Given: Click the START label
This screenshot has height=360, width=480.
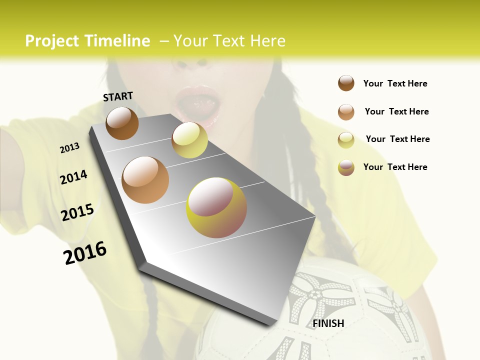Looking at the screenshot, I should coord(118,96).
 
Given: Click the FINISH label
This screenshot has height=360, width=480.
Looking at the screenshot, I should coord(328,323).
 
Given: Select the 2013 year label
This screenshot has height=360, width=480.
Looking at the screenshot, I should coord(69,148).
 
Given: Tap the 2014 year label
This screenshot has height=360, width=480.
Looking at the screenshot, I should coord(73,177).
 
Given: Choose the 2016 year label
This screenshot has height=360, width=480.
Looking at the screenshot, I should coord(85,253).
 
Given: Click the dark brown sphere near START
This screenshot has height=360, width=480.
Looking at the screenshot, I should coord(122,123).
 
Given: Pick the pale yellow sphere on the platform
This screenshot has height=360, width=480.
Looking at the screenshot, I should coord(189,140).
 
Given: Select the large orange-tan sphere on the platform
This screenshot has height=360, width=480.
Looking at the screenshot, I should coord(145,180).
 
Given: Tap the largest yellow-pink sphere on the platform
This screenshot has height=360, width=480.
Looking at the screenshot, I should coord(216,207).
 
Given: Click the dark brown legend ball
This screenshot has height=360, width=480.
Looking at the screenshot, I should coord(346,83).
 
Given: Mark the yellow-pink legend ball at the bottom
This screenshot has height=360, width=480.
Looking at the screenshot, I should coord(346,167).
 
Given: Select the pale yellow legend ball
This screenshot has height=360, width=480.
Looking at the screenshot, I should coord(346,140).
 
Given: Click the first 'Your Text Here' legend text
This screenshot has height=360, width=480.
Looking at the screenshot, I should coord(395,83).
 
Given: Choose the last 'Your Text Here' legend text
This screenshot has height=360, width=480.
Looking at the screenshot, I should coord(395,167).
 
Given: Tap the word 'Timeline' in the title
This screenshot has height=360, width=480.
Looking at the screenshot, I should coord(117,41).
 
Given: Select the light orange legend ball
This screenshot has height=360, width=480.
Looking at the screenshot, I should coord(346,112).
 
